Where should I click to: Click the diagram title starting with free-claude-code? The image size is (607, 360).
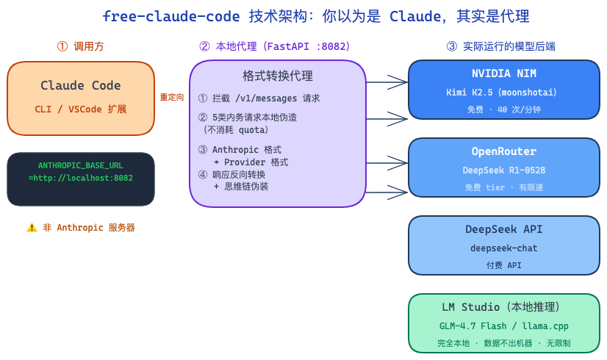(315, 17)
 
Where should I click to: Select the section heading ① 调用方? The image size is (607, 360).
(81, 46)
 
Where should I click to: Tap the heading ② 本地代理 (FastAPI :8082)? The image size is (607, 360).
(275, 46)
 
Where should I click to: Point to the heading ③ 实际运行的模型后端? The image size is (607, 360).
(500, 46)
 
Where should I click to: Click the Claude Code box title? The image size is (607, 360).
(81, 86)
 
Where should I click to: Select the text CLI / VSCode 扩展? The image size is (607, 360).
(81, 109)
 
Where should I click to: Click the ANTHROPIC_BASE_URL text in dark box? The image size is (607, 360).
(81, 166)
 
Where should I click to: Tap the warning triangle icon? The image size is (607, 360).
(32, 228)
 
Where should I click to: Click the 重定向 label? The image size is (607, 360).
(172, 97)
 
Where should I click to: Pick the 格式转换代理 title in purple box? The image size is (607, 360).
(278, 76)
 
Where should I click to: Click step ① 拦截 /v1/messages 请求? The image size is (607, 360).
(259, 98)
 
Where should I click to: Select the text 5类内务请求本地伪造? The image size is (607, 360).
(254, 117)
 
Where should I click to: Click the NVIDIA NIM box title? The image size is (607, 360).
(504, 73)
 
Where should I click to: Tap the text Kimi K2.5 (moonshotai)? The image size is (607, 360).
(504, 93)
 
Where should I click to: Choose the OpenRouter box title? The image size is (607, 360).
(504, 151)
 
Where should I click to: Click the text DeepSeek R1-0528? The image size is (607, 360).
(504, 170)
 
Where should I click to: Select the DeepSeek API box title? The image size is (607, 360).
(504, 229)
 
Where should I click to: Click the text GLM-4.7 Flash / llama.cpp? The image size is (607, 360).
(504, 326)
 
